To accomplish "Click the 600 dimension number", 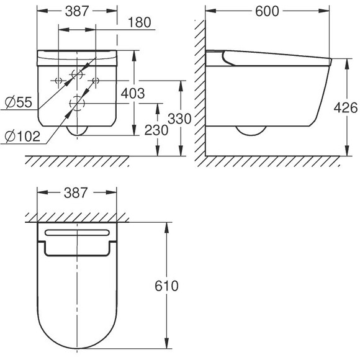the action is tap(267, 11).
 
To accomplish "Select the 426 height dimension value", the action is tap(346, 107).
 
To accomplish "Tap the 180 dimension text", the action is tap(140, 22).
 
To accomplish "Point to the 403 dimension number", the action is tap(133, 94).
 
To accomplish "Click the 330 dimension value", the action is tap(179, 119).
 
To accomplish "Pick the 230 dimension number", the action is tap(156, 130).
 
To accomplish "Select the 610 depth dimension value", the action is tap(166, 286).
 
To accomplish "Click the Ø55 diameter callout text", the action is tap(19, 102).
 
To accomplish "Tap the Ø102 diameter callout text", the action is tap(22, 137).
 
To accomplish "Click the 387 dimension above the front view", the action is tap(77, 11).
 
